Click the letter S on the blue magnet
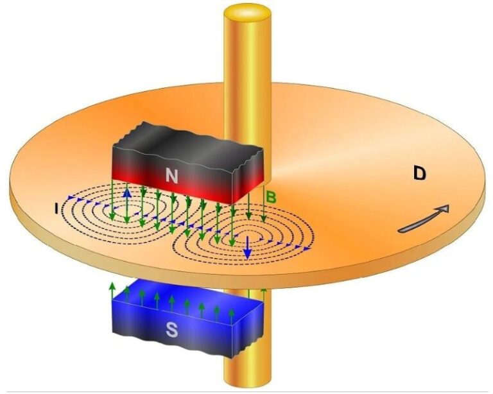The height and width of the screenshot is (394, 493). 171,330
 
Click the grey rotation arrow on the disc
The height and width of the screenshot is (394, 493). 423,218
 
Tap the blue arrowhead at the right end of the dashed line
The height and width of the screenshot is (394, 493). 311,248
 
